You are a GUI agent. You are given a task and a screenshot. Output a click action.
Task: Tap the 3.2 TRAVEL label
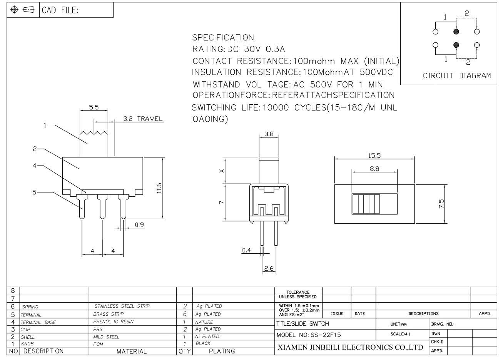coord(143,119)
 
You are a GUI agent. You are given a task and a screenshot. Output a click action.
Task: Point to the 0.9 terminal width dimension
coord(139,225)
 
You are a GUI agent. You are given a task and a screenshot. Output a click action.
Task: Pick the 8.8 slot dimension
coord(374,169)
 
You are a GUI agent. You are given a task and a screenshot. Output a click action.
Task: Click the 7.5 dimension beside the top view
coord(441,204)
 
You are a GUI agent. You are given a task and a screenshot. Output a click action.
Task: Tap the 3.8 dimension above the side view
coord(269,134)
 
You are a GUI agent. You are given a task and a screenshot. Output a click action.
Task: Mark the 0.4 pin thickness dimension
coord(246,250)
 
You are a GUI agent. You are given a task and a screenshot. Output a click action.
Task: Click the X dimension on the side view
coord(221,172)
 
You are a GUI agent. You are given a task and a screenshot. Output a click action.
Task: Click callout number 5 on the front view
coord(34,192)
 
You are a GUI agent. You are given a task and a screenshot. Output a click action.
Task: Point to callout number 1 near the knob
coord(45,125)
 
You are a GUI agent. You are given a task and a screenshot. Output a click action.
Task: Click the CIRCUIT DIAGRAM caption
coord(457,76)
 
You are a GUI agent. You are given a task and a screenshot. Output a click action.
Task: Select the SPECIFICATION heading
coord(223,38)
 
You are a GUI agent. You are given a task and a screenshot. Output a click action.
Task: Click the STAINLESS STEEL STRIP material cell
coord(122,306)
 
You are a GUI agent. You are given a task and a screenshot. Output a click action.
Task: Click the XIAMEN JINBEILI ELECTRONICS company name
coord(350,347)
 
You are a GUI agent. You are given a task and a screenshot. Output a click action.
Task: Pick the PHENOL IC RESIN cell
coord(114,321)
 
